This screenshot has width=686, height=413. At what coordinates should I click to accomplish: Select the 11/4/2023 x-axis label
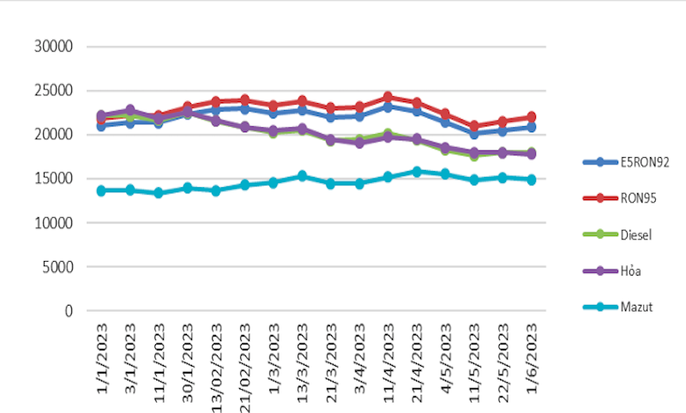pos(388,357)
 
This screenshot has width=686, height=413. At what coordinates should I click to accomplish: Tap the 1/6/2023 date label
pos(533,355)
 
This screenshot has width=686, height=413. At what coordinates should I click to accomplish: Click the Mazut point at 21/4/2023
pos(418,172)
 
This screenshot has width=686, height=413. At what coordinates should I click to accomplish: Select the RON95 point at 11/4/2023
pos(388,97)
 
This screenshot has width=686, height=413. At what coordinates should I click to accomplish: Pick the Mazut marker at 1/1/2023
pos(101,190)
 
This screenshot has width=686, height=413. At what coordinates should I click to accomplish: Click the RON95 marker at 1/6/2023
pos(533,117)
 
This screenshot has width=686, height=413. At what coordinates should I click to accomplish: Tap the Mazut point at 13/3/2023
pos(303,176)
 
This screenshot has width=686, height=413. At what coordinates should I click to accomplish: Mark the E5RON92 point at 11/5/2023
pos(475,134)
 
